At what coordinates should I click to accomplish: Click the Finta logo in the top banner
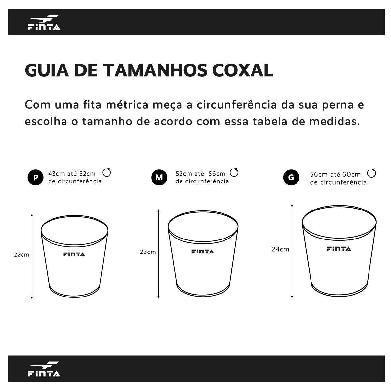tap(44, 22)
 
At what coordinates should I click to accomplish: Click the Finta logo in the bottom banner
tap(44, 369)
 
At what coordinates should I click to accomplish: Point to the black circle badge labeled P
tap(35, 177)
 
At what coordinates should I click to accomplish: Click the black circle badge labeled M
tap(159, 177)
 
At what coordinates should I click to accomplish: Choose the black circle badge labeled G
tap(291, 177)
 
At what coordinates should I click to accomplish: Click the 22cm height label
tap(22, 255)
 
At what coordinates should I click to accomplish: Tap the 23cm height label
tap(148, 252)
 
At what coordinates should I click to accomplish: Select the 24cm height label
tap(281, 249)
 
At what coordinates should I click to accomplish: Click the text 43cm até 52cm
tap(72, 174)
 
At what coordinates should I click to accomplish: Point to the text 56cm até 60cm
tap(335, 175)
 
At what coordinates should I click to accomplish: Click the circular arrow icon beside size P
tap(107, 172)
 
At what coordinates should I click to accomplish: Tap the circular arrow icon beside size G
tap(371, 173)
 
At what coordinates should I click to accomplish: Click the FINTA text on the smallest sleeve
tap(74, 254)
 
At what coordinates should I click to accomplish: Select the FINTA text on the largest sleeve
tap(339, 249)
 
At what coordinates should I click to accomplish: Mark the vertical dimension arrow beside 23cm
tap(158, 254)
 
